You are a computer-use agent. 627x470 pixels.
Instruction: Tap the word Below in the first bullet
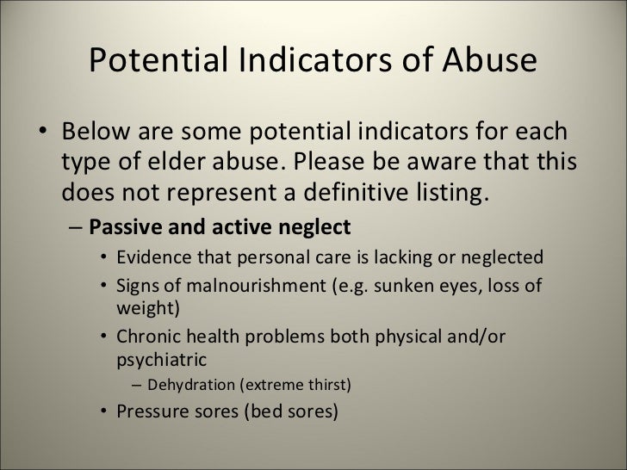[99, 135]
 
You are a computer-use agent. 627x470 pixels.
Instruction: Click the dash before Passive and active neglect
[75, 228]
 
